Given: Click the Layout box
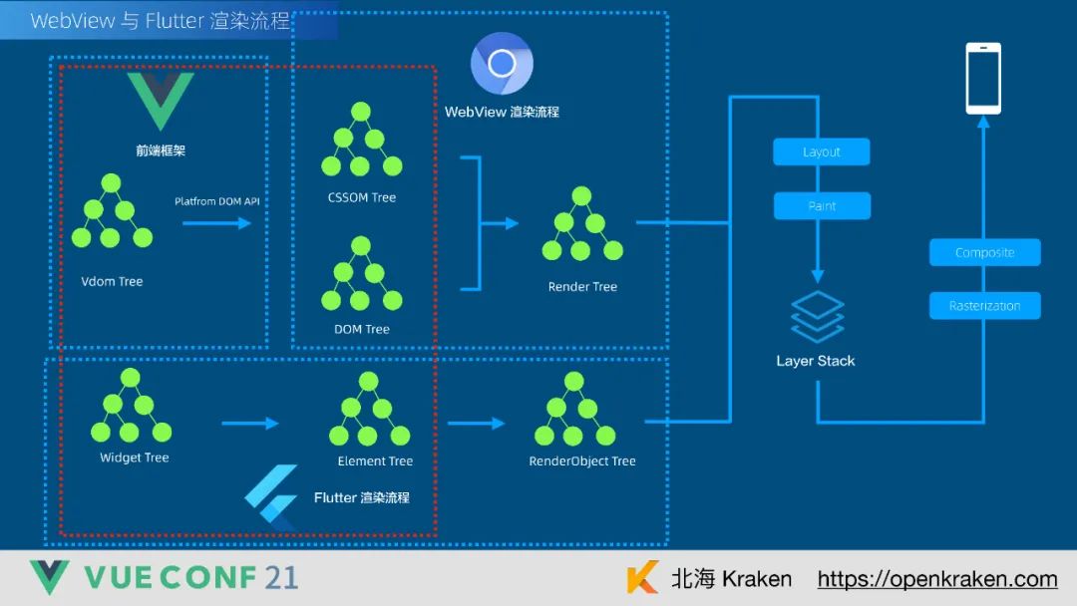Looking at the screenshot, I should tap(822, 152).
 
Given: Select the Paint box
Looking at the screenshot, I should tap(822, 206).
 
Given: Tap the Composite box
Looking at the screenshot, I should tap(984, 252).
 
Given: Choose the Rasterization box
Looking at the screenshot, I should tap(984, 306).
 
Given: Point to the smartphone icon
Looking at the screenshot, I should tap(983, 78).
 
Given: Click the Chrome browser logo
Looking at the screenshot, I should tap(502, 64).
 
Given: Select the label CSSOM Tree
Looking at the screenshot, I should tap(362, 197).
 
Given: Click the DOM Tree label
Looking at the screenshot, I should tap(362, 329).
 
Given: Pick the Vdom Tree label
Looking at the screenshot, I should tap(112, 281).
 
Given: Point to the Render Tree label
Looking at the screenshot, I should tap(582, 287).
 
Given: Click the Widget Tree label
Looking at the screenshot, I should tap(135, 457).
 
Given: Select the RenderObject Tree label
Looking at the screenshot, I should tap(582, 461).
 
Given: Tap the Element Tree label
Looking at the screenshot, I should tap(375, 461).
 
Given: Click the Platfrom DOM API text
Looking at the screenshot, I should tap(216, 201).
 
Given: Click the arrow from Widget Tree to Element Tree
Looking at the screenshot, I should tap(249, 424).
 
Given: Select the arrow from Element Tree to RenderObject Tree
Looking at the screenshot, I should tap(476, 424).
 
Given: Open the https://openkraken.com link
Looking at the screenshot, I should tap(937, 579).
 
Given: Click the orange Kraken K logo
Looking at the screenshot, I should tap(643, 578).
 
